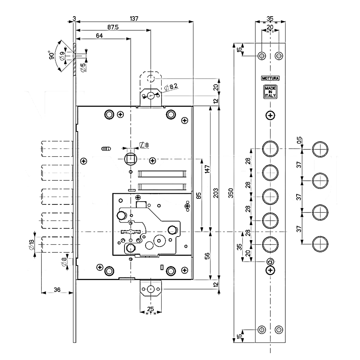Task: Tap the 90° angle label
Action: tap(52, 55)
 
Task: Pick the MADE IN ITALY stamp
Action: tap(270, 92)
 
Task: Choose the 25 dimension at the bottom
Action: tap(150, 309)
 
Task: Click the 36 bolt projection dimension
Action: tap(56, 289)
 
